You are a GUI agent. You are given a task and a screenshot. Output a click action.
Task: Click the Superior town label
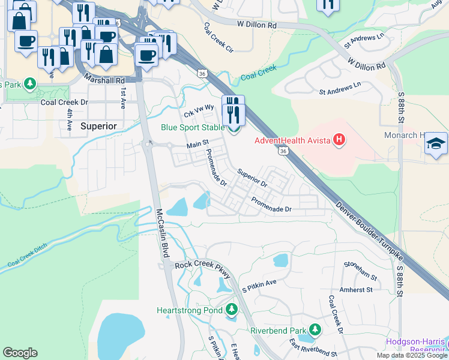[x=97, y=126]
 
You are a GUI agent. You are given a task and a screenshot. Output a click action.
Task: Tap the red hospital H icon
[x=339, y=141]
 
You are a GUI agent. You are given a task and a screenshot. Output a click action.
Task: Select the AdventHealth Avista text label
[x=292, y=141]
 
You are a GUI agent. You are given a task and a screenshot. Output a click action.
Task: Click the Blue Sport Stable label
[x=192, y=127]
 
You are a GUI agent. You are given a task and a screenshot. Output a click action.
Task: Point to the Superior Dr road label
[x=252, y=177]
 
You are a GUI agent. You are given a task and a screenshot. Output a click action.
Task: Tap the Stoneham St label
[x=360, y=271]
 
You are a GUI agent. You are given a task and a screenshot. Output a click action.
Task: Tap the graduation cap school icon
[x=436, y=144]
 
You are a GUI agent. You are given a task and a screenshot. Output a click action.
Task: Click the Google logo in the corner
[x=20, y=352]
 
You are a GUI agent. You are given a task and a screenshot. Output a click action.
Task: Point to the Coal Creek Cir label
[x=218, y=37]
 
